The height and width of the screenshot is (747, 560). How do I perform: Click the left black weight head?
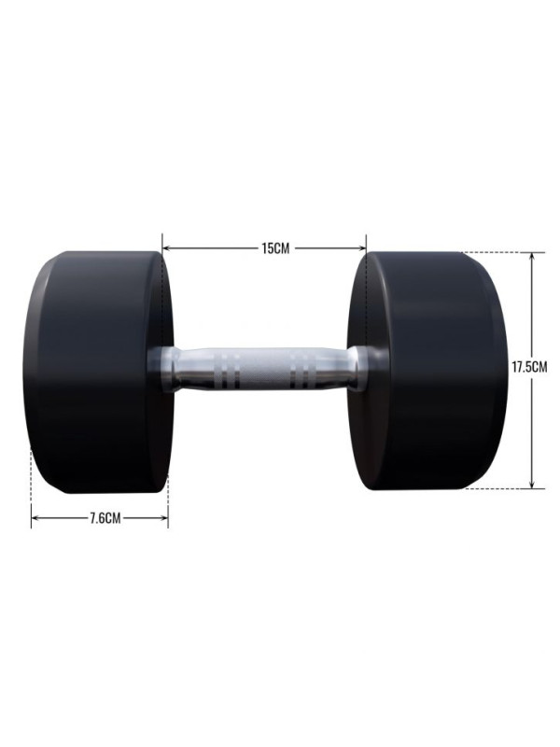point(98,372)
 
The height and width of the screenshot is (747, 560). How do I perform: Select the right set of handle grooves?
point(301,371)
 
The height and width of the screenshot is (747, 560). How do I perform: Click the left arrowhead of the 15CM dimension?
point(167,248)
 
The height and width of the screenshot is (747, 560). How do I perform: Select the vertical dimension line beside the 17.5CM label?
point(532,308)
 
